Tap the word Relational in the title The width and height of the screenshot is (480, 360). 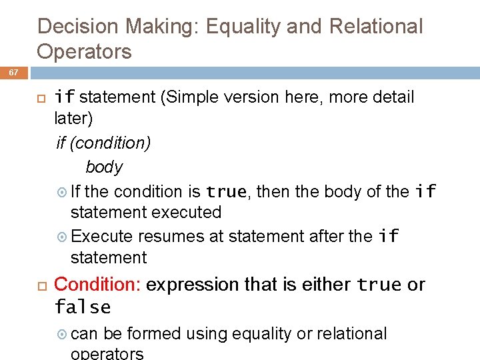click(376, 27)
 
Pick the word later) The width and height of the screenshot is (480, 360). click(73, 119)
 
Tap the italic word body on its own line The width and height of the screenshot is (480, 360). click(104, 167)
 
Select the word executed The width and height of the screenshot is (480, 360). click(188, 213)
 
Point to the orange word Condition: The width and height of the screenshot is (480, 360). click(97, 285)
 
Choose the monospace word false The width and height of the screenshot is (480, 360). click(83, 307)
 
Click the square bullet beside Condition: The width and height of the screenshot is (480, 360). click(39, 285)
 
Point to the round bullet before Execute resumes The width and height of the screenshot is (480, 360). click(63, 237)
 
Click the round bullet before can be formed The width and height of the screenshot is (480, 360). click(63, 334)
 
